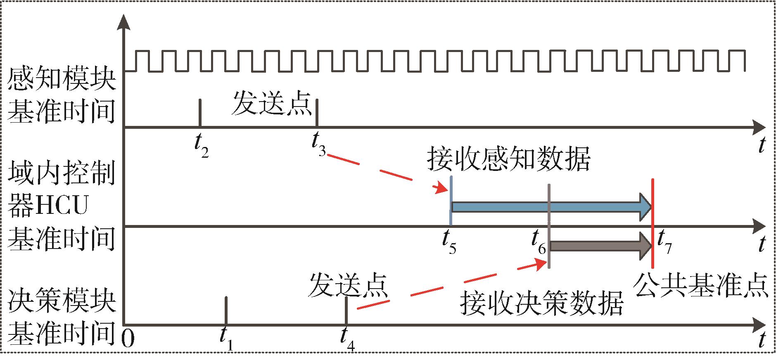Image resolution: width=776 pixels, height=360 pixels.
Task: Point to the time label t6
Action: pyautogui.click(x=539, y=242)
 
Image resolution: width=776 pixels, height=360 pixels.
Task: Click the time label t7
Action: pyautogui.click(x=664, y=243)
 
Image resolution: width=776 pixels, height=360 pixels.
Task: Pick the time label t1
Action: pyautogui.click(x=226, y=341)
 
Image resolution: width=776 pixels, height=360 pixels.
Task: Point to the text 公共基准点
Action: pyautogui.click(x=700, y=284)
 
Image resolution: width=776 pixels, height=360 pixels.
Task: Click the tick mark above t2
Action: pyautogui.click(x=200, y=113)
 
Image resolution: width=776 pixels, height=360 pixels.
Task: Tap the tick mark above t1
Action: pyautogui.click(x=226, y=310)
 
